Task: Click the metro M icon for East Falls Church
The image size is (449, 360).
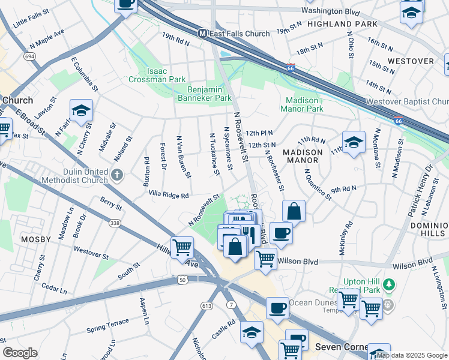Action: (x=203, y=34)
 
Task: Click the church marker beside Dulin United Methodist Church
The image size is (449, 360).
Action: (x=117, y=175)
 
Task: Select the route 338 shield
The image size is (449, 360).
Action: (x=113, y=223)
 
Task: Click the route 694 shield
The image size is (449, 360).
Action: (x=29, y=56)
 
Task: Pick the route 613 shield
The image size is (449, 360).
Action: (x=207, y=305)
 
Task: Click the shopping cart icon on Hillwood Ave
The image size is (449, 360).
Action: (x=181, y=247)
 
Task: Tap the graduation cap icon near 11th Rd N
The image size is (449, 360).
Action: (x=354, y=142)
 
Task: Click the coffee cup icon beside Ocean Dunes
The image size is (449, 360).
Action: (x=277, y=308)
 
